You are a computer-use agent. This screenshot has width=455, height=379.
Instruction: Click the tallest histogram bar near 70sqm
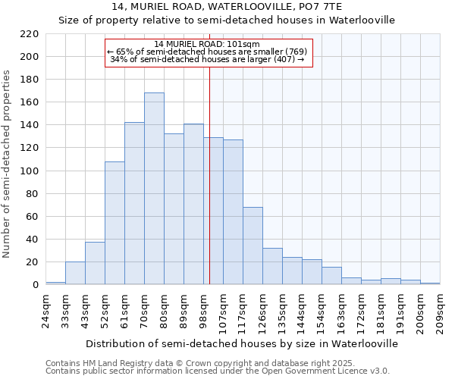coord(154,189)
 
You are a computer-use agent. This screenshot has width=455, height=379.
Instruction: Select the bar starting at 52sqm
coord(115,223)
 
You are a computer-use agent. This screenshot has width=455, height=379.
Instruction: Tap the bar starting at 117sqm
coord(253,246)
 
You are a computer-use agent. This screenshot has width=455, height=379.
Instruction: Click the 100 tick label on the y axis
coord(30,171)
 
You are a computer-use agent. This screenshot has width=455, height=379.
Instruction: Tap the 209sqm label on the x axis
coord(439,312)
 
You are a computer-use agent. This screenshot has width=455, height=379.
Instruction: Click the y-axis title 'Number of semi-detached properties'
coord(7,164)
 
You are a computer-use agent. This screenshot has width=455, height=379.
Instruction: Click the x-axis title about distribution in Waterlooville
coord(242,343)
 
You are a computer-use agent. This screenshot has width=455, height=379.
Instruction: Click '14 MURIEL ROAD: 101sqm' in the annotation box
coord(206,44)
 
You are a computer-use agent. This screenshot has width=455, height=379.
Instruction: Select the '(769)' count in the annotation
coord(295,52)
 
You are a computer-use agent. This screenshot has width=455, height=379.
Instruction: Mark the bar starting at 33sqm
coord(75,273)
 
